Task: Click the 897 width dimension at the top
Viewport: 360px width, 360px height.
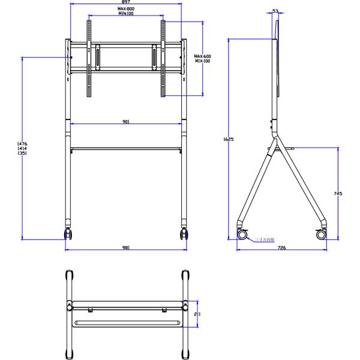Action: coord(126,2)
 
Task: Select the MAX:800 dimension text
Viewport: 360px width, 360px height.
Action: coord(126,9)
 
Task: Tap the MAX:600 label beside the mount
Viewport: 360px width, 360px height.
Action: coord(203,56)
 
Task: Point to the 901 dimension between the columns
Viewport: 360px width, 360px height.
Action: coord(126,121)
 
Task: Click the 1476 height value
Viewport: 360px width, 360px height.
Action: coord(23,143)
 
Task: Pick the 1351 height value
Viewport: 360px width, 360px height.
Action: coord(23,154)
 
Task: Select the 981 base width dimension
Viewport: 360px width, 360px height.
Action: coord(126,247)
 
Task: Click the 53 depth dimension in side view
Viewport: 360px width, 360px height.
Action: coord(275,11)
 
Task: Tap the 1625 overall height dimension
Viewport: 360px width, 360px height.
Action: coord(228,139)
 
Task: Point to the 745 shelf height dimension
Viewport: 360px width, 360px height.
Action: coord(338,193)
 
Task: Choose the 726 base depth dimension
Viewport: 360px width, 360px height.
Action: coord(281,247)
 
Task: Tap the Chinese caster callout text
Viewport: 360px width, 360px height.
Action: coord(263,239)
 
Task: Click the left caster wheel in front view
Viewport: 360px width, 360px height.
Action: coord(68,233)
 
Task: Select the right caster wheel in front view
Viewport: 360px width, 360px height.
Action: coord(183,233)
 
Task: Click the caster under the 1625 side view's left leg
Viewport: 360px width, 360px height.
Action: coord(242,234)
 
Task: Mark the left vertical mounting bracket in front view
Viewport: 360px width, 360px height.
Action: coord(91,59)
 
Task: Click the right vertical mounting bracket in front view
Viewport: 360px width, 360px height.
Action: coord(162,59)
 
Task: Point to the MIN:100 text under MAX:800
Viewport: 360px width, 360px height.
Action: coord(126,14)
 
